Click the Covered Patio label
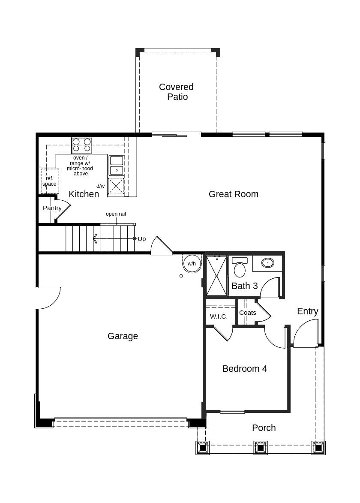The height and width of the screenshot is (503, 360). (x=176, y=92)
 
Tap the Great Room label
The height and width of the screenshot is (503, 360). (x=233, y=194)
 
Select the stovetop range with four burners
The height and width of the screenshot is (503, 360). (x=81, y=145)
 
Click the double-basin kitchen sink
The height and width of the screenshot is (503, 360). (x=116, y=166)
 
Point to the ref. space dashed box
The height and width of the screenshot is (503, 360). (x=50, y=181)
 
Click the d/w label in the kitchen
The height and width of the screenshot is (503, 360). (x=100, y=186)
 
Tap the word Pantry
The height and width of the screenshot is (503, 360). (x=52, y=208)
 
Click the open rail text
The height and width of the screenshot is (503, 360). (x=116, y=214)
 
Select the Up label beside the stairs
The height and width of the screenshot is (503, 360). (x=141, y=239)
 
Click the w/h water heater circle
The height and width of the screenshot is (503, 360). (x=192, y=263)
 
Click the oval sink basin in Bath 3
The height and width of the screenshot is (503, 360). (x=268, y=263)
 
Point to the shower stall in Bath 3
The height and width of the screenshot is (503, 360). (x=216, y=276)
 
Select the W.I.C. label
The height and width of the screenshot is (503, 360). (x=219, y=316)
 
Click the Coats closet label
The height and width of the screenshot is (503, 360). (x=247, y=313)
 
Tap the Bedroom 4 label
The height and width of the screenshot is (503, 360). (x=244, y=369)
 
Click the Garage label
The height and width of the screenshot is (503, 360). (x=123, y=336)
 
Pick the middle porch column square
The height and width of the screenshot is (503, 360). (x=261, y=448)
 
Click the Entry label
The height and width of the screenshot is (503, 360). (x=307, y=311)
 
